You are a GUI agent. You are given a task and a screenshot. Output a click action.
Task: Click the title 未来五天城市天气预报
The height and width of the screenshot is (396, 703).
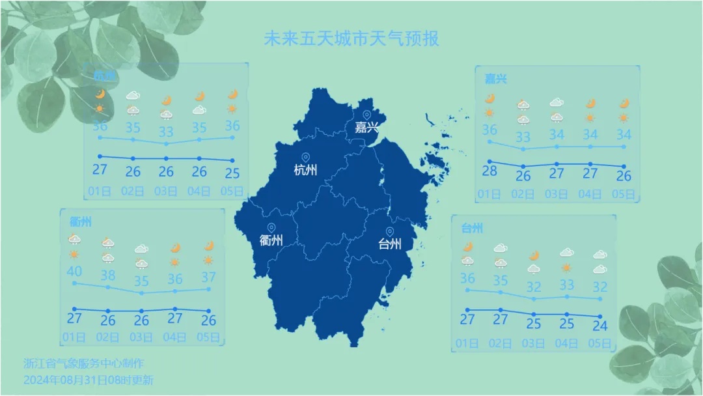click(x=351, y=38)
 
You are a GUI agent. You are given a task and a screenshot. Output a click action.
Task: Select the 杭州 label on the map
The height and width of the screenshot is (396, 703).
click(x=305, y=170)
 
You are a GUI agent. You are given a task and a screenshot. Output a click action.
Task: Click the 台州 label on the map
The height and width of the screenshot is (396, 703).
click(x=390, y=244)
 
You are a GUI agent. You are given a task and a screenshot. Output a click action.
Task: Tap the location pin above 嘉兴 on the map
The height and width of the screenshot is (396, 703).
click(x=366, y=115)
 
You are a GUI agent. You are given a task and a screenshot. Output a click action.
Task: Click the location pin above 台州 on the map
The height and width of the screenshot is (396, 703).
click(x=390, y=231)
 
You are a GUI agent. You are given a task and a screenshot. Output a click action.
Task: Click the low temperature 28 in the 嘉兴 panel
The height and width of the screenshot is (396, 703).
click(x=489, y=171)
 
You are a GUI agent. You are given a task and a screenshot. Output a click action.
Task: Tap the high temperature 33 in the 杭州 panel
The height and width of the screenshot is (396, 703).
click(x=166, y=131)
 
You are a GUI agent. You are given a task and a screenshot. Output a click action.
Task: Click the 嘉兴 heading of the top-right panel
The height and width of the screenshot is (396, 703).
click(x=495, y=79)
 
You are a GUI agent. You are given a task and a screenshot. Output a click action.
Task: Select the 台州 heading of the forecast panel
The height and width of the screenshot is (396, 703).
click(x=472, y=228)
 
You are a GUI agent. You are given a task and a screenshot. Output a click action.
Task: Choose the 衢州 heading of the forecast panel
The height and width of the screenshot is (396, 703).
click(x=80, y=221)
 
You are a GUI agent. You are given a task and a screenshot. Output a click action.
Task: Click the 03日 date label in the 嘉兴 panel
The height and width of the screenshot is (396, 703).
click(x=556, y=193)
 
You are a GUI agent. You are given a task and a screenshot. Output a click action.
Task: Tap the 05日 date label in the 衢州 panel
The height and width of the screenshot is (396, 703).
click(x=208, y=337)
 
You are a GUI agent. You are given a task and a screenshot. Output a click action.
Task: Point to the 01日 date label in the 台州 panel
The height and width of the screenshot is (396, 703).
click(x=467, y=343)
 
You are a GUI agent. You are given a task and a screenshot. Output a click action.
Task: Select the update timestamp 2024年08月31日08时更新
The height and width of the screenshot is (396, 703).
click(x=88, y=379)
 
